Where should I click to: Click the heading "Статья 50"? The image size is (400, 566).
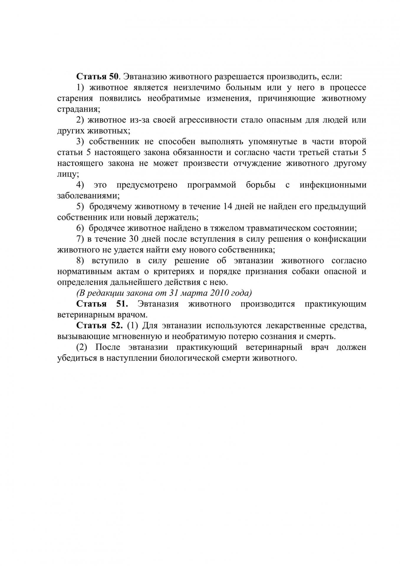[x=97, y=77]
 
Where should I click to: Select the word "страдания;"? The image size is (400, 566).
[x=78, y=109]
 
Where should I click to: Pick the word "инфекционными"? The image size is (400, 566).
[x=333, y=185]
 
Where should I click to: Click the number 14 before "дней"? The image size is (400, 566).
[x=228, y=206]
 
